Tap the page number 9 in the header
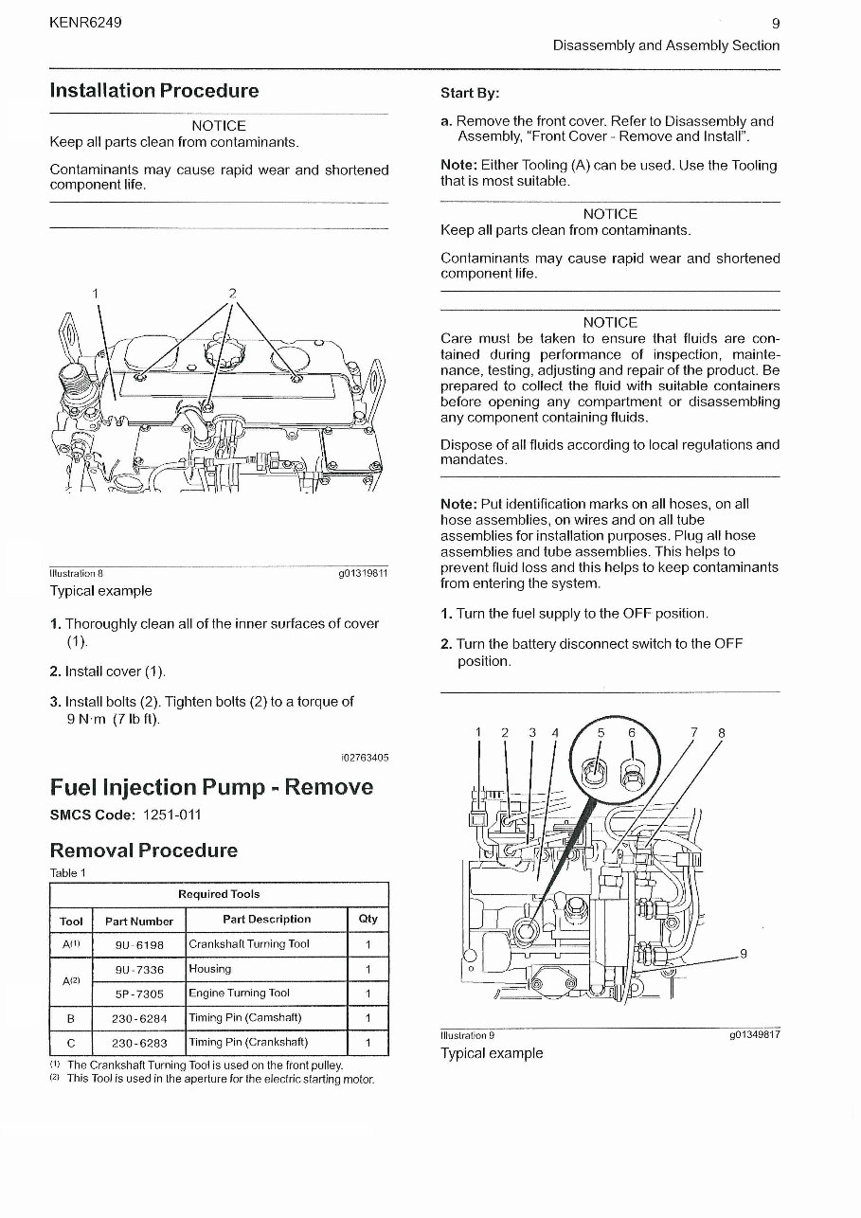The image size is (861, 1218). click(776, 24)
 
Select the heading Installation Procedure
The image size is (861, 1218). click(154, 91)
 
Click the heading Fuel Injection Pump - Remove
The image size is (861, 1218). click(211, 787)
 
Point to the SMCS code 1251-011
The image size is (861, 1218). click(171, 815)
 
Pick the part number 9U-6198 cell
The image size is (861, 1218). click(139, 944)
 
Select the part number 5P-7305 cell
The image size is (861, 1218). click(139, 994)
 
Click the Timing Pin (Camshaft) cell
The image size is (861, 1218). click(245, 1018)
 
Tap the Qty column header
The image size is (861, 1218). click(368, 919)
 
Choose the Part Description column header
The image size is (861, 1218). click(266, 919)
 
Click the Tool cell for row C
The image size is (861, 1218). click(71, 1043)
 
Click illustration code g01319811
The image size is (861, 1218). click(363, 574)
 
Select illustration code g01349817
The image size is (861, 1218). click(754, 1035)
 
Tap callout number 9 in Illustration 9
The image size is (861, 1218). click(744, 954)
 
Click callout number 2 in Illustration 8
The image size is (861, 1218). click(232, 293)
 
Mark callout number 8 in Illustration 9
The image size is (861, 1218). click(722, 732)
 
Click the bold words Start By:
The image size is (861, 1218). click(470, 93)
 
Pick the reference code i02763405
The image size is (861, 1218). click(364, 758)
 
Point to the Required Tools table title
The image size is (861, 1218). click(219, 894)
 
